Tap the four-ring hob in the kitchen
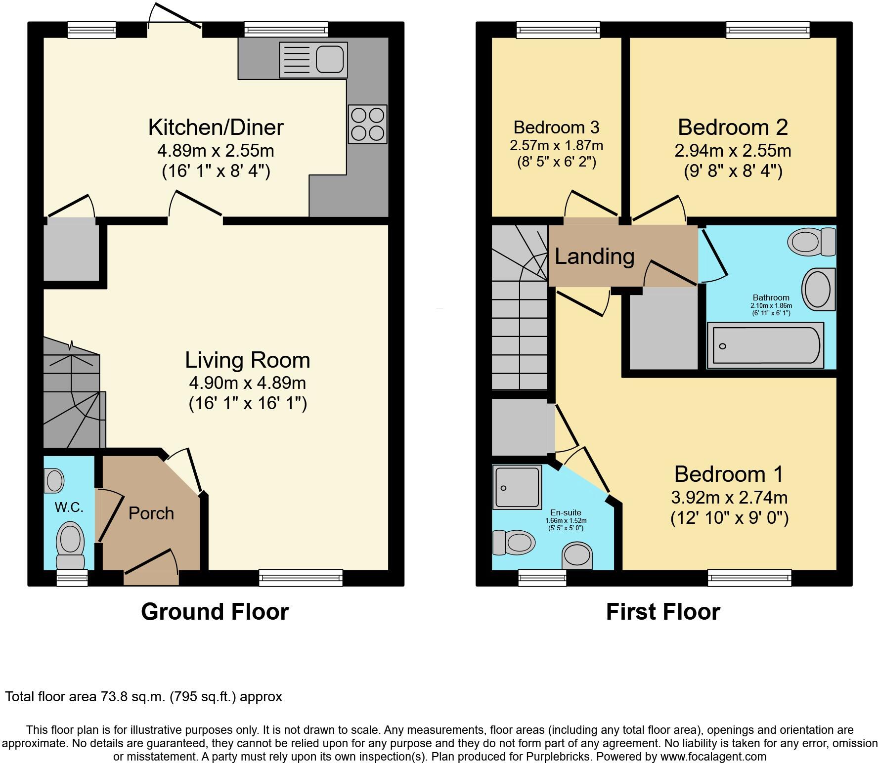point(367,124)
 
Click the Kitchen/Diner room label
point(216,127)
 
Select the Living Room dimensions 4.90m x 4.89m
point(247,382)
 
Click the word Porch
point(151,513)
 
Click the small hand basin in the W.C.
point(54,480)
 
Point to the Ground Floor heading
point(215,612)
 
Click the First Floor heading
point(663,612)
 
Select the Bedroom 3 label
point(556,127)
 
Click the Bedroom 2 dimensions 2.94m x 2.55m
point(733,150)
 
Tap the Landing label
point(594,256)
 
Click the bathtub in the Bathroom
point(765,345)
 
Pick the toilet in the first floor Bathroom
point(811,242)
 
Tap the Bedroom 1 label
point(729,474)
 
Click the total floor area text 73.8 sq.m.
point(143,697)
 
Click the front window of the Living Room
point(301,577)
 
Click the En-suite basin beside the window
point(577,555)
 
